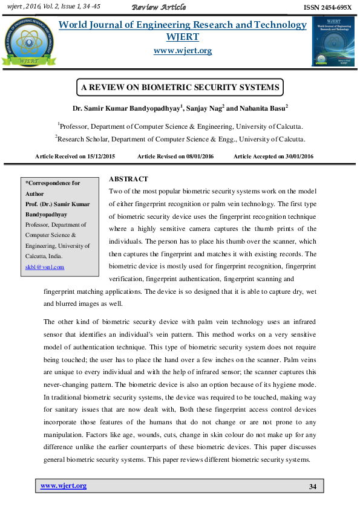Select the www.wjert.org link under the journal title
point(182,51)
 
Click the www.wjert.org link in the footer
point(63,485)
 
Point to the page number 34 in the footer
point(313,487)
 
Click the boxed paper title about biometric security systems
point(181,88)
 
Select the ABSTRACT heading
point(128,180)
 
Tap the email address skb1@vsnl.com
point(44,267)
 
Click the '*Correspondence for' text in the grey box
point(52,183)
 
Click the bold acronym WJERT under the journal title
point(182,37)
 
